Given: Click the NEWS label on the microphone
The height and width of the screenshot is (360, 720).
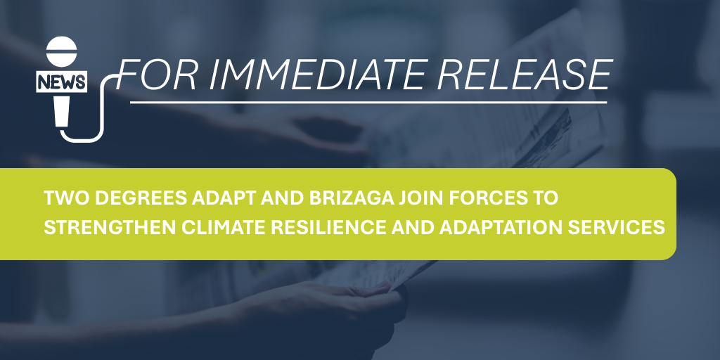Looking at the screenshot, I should (61, 82).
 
